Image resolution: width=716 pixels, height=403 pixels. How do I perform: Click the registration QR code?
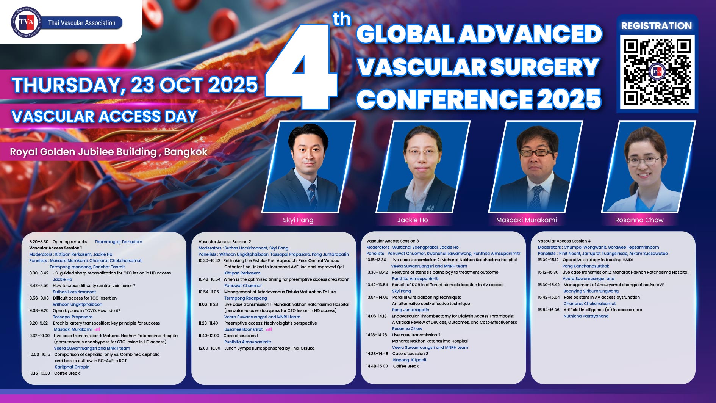pyautogui.click(x=657, y=72)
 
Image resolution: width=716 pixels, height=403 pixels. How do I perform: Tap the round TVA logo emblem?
pyautogui.click(x=26, y=22)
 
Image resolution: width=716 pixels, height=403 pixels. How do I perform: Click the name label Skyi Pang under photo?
pyautogui.click(x=298, y=220)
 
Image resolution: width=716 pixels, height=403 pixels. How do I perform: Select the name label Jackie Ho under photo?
pyautogui.click(x=413, y=220)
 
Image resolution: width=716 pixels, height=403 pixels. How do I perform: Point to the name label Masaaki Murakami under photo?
pyautogui.click(x=527, y=220)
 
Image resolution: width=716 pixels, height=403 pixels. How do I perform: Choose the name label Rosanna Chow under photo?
pyautogui.click(x=639, y=220)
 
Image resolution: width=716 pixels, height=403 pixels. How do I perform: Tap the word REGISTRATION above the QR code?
pyautogui.click(x=657, y=26)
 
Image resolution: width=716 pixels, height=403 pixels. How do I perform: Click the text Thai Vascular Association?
pyautogui.click(x=82, y=23)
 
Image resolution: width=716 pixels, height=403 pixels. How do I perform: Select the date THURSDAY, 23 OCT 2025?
pyautogui.click(x=135, y=85)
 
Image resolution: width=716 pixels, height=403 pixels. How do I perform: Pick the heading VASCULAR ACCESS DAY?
pyautogui.click(x=104, y=116)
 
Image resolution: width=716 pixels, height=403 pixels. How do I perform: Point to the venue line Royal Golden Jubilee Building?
pyautogui.click(x=83, y=152)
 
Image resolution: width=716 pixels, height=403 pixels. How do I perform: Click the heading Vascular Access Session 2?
pyautogui.click(x=225, y=242)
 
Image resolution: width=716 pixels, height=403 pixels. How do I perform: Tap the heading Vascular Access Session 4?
pyautogui.click(x=564, y=241)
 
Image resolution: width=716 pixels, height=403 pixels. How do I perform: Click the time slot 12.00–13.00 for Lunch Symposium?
pyautogui.click(x=209, y=348)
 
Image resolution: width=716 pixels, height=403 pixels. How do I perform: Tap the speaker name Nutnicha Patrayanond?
pyautogui.click(x=586, y=316)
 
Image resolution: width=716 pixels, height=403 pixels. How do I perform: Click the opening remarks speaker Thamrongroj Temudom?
pyautogui.click(x=118, y=242)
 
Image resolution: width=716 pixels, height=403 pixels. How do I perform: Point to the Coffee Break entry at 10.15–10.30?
pyautogui.click(x=67, y=373)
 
